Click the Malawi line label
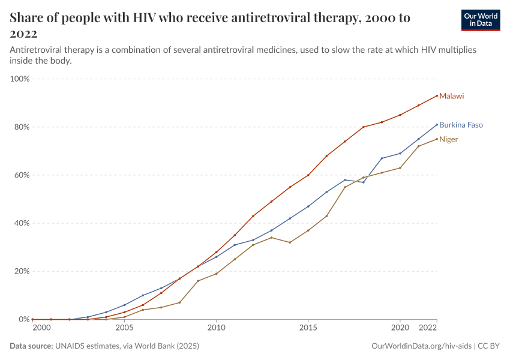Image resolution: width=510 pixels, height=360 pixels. coord(451,96)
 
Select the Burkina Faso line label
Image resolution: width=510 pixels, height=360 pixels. coord(461,125)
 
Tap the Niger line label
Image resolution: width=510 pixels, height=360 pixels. coord(448,139)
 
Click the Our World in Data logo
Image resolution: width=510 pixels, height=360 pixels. coord(481,20)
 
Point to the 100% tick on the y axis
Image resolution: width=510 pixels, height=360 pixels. coord(21,79)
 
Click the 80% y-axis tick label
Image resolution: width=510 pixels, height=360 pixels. coord(22,127)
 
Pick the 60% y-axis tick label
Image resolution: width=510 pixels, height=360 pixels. coord(22,175)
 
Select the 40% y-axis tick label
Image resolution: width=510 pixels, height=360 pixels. coord(22,223)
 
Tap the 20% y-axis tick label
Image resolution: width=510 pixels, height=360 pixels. coord(22,271)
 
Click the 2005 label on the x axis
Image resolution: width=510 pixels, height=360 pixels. coord(124,328)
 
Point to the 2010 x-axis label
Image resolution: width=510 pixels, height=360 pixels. coord(216,328)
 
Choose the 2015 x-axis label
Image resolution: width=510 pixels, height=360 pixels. coord(308,328)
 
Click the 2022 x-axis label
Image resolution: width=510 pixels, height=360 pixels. coord(428,328)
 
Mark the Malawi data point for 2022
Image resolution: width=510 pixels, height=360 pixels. coord(437,95)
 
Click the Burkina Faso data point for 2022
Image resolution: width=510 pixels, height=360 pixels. coord(437,125)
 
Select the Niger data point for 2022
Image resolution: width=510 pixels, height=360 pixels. coord(437,139)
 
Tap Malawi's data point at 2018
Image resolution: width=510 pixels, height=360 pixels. coord(363,127)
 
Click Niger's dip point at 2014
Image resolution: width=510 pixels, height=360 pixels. coord(290,242)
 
